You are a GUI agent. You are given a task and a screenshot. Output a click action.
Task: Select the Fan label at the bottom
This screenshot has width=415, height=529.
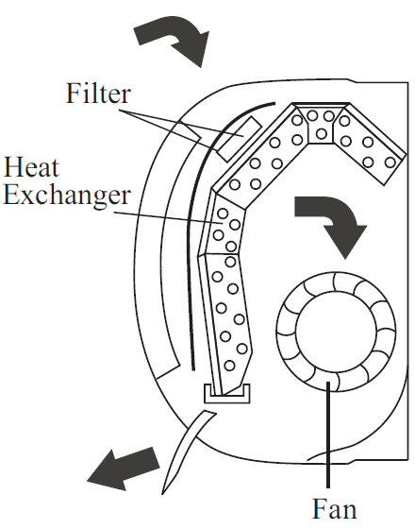[334, 511]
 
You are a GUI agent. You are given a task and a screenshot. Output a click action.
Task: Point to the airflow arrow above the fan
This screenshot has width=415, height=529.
[329, 221]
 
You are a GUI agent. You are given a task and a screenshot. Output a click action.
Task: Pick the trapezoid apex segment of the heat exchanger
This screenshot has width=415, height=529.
[324, 127]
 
